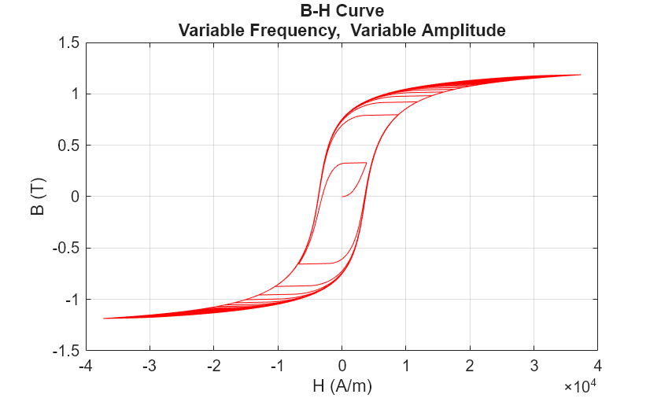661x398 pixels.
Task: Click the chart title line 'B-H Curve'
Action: tap(342, 12)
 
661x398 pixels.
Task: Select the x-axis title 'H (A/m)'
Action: tap(342, 385)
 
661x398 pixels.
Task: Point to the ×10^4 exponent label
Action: tap(581, 386)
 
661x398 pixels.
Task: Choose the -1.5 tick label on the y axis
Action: tap(65, 351)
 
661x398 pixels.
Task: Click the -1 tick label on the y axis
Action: tap(68, 300)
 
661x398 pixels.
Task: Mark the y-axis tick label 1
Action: tap(74, 94)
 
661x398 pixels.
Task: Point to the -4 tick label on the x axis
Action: tap(85, 366)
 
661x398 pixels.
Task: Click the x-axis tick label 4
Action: tap(597, 366)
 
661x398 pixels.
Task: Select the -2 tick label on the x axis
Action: tap(213, 366)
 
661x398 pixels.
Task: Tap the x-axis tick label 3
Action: tap(534, 366)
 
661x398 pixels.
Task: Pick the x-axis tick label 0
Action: tap(342, 366)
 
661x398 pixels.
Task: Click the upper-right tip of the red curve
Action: tap(580, 75)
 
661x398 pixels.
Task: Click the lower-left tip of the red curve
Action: tap(104, 319)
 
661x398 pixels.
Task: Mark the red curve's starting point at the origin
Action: tap(342, 197)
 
